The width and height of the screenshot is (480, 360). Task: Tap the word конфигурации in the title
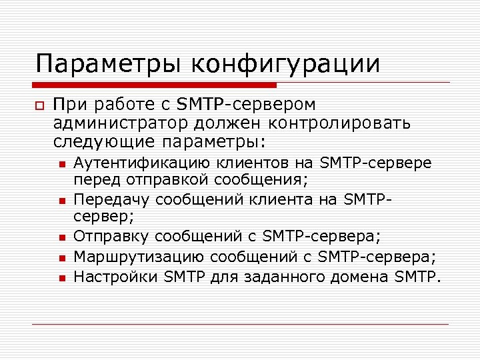coord(286,65)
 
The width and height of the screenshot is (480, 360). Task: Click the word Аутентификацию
coord(143,163)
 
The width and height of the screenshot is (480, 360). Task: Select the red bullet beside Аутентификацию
coord(61,164)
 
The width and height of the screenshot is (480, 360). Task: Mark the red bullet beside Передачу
coord(61,200)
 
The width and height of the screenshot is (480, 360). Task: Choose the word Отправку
coord(110,236)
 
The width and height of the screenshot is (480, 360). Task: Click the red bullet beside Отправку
coord(61,237)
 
